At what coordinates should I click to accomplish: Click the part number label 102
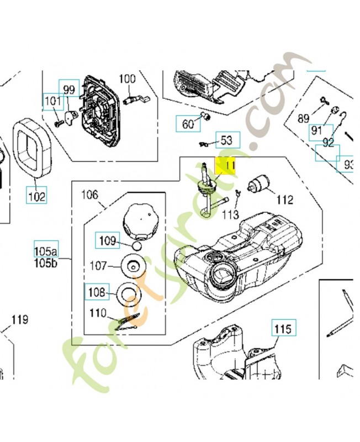38,195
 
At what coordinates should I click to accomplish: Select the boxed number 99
70,90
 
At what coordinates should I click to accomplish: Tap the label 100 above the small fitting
127,79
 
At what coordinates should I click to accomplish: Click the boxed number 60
188,124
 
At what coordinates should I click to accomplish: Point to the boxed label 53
227,140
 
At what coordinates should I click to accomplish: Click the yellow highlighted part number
225,166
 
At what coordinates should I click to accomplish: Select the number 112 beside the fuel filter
285,200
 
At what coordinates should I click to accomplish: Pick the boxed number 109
108,240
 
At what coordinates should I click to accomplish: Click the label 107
98,266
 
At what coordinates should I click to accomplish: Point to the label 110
98,313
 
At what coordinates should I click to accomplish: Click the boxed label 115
282,329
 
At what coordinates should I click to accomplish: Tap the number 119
20,319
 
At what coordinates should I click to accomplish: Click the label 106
89,194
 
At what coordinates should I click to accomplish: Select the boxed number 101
53,102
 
